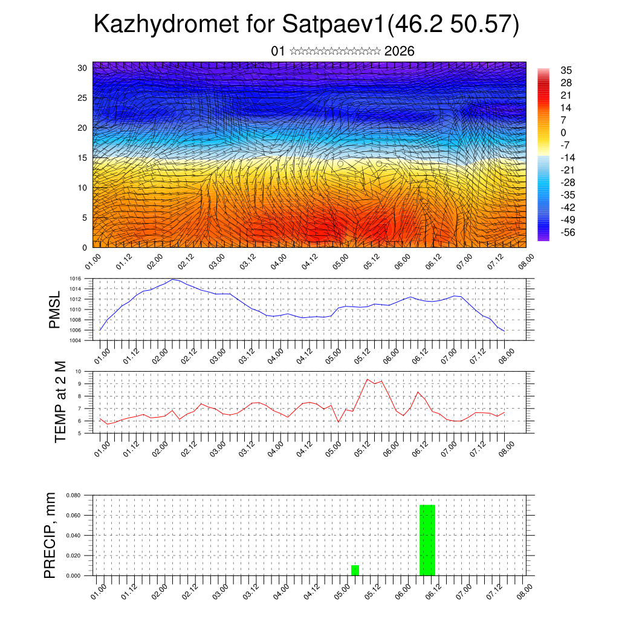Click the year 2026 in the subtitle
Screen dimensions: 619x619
click(399, 51)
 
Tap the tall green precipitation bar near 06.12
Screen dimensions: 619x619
click(427, 540)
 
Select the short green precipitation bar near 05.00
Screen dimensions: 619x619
click(355, 570)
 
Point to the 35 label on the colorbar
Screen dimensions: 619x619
click(566, 71)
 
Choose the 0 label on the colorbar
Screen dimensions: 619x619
click(563, 132)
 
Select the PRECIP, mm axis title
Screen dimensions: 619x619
click(51, 535)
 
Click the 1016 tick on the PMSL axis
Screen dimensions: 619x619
click(74, 279)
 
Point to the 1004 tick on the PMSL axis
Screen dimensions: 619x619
click(74, 340)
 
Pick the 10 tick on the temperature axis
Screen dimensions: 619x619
click(78, 372)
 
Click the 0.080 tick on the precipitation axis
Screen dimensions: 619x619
click(73, 495)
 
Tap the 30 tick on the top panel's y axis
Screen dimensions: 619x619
click(82, 68)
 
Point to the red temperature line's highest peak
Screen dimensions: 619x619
click(368, 379)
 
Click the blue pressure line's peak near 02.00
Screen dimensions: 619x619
click(173, 279)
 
